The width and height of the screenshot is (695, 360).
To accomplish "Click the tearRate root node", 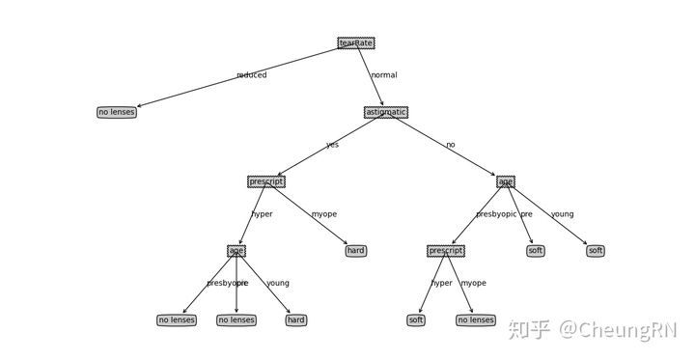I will click(x=356, y=42).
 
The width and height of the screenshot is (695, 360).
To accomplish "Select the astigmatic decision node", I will click(x=386, y=112).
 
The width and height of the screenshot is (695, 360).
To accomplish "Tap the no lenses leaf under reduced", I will click(x=117, y=112).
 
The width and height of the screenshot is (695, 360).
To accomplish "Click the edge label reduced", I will click(x=252, y=75).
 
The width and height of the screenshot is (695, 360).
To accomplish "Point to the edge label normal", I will click(x=384, y=75).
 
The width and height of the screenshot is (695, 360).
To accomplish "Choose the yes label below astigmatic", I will click(x=332, y=145).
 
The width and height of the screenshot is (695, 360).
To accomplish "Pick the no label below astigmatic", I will click(x=450, y=145).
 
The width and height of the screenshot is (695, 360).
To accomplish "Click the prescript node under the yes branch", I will click(x=266, y=181).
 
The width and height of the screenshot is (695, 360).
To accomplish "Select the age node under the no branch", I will click(x=506, y=181).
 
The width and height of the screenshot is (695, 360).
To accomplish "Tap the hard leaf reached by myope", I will click(x=356, y=251).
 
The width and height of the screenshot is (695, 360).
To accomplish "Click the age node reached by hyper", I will click(x=236, y=251).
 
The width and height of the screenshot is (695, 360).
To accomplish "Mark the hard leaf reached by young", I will click(x=296, y=320).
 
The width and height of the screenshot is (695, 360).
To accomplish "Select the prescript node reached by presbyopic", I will click(x=446, y=251).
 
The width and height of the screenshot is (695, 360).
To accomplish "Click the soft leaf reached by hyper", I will click(x=416, y=320).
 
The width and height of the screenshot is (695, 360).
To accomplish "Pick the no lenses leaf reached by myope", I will click(x=476, y=320).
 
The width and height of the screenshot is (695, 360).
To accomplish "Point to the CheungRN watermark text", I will click(x=619, y=330).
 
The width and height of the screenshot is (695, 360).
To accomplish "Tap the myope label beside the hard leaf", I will click(x=324, y=214).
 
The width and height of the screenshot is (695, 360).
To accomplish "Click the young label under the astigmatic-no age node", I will click(x=562, y=214).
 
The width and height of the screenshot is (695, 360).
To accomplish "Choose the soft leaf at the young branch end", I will click(x=596, y=251).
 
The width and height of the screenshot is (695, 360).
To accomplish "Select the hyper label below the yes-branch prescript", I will click(x=262, y=214).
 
